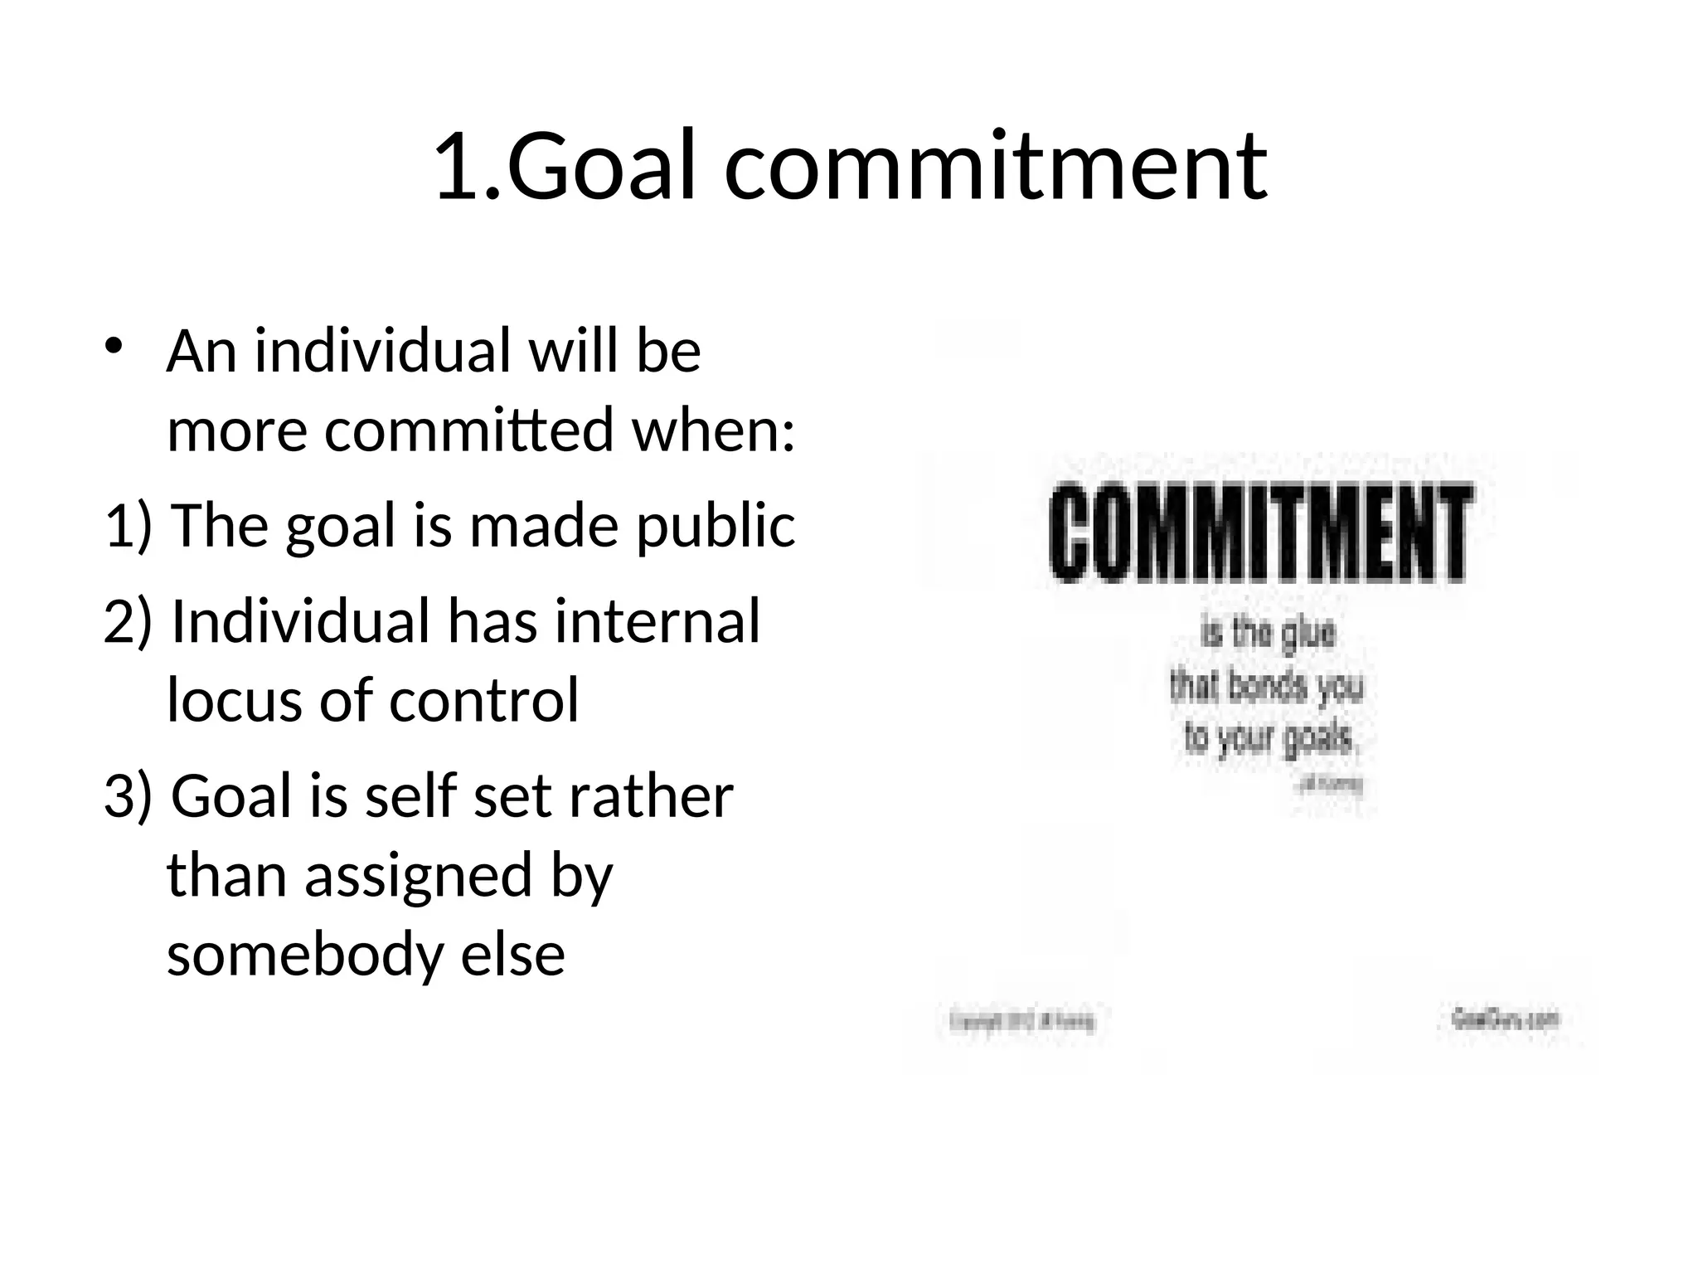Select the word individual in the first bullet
382,351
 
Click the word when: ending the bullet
713,430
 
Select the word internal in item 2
657,621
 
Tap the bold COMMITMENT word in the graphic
1259,533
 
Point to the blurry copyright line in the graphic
1022,1021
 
